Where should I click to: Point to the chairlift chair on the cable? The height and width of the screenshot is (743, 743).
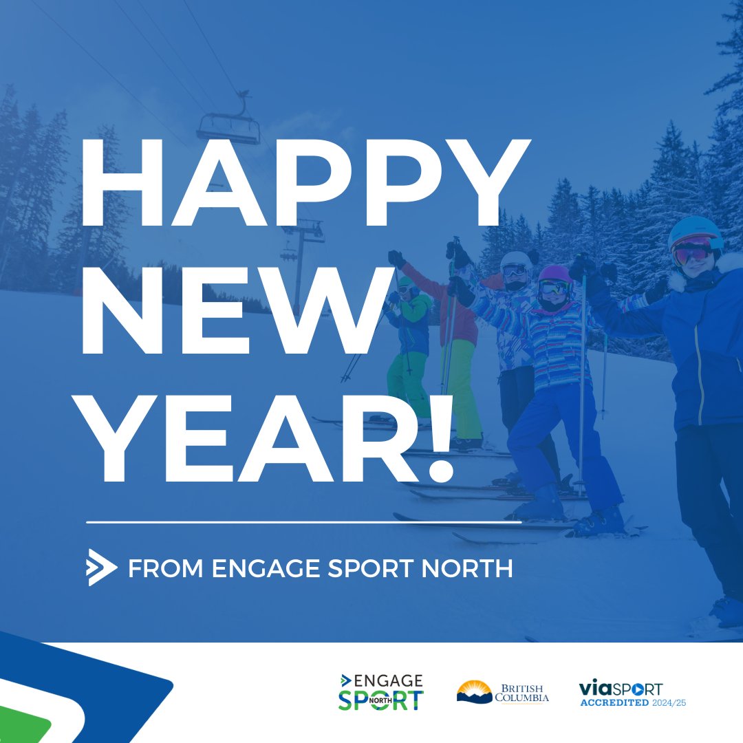(228, 127)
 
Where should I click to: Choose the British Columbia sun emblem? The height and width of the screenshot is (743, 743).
(475, 691)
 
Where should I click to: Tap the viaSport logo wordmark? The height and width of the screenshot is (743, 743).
(621, 688)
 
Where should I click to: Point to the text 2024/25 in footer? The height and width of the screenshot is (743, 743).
(671, 703)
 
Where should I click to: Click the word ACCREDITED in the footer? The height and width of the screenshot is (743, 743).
(615, 703)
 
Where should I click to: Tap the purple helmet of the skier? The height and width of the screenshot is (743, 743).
(554, 274)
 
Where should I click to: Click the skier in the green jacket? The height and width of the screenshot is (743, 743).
(409, 330)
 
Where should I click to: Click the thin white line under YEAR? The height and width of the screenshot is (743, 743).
(303, 523)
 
